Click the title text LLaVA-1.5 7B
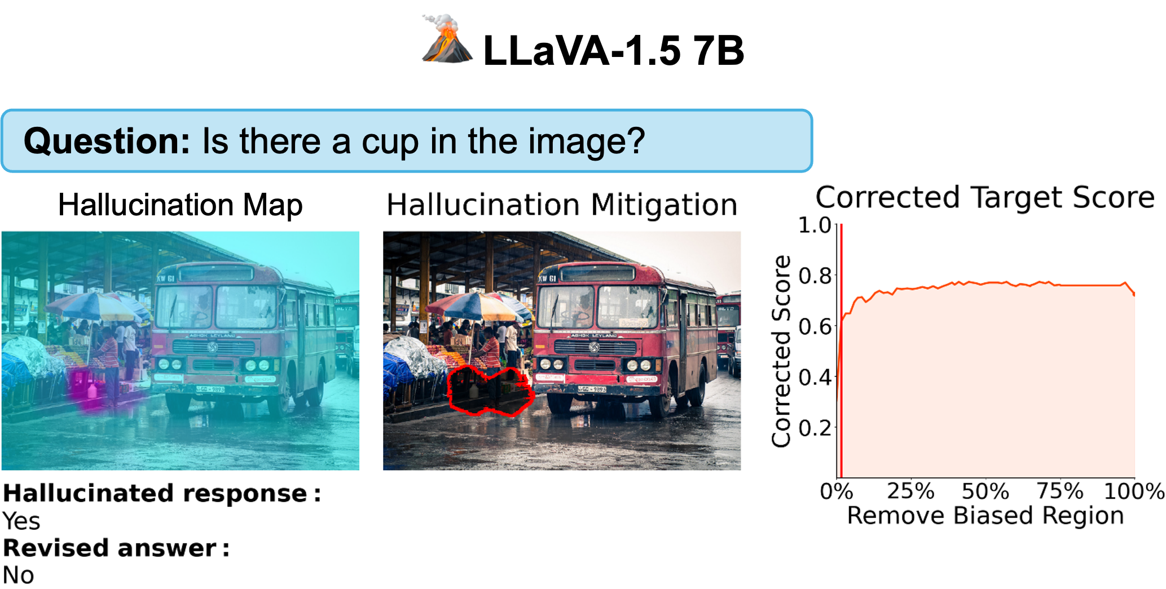pyautogui.click(x=614, y=51)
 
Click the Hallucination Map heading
pyautogui.click(x=181, y=205)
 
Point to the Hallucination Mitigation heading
pyautogui.click(x=562, y=205)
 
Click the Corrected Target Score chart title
pyautogui.click(x=985, y=197)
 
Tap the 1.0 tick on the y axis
pyautogui.click(x=815, y=225)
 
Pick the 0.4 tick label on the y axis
pyautogui.click(x=815, y=377)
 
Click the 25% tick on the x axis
pyautogui.click(x=910, y=491)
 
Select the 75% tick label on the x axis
pyautogui.click(x=1060, y=491)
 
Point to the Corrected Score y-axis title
pyautogui.click(x=781, y=352)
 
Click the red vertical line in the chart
pyautogui.click(x=841, y=351)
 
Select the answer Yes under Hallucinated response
pyautogui.click(x=21, y=521)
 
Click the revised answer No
pyautogui.click(x=19, y=575)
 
